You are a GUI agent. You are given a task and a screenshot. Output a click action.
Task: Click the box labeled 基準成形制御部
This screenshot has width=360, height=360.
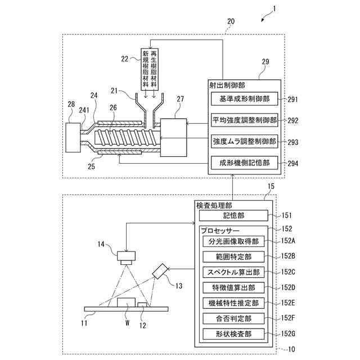coord(244,99)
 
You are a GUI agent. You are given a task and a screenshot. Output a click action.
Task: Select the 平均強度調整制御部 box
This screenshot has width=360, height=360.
coord(244,120)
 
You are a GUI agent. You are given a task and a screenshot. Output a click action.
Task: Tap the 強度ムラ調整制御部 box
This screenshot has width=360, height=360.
coord(244,141)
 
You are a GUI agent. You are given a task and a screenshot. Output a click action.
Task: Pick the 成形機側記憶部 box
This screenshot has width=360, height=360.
coord(244,163)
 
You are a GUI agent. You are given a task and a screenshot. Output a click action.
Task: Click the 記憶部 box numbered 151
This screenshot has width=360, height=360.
coord(233,215)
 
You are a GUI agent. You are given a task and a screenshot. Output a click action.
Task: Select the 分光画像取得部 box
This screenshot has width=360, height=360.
coord(233,241)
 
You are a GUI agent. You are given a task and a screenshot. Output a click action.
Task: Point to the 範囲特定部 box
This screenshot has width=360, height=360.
coord(233,257)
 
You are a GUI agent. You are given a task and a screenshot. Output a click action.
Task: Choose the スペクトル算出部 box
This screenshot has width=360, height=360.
coord(233,272)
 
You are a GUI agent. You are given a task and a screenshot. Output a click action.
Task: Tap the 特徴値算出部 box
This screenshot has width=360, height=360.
coord(233,287)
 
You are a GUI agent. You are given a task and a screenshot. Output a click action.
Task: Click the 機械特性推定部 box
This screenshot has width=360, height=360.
coord(233,303)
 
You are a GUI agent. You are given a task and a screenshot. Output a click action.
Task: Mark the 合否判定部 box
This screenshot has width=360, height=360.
coord(233,319)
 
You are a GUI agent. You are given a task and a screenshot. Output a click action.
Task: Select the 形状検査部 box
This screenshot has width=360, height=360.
coord(233,334)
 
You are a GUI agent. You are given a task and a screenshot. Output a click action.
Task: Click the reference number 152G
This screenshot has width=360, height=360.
coord(288,334)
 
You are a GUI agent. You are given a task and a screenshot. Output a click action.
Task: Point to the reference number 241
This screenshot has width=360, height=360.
coord(84,110)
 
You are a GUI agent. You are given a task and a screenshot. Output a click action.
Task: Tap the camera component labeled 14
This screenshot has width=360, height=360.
coord(126,258)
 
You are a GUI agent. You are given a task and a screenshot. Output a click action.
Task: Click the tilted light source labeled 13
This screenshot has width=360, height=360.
coord(160,271)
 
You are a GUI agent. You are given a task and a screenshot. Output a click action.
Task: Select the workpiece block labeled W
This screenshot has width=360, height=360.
coord(126,303)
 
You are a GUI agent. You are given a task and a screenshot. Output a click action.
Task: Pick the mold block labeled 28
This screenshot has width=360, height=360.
coord(73,137)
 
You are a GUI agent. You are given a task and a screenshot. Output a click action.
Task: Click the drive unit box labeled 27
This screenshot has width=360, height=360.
coord(173,137)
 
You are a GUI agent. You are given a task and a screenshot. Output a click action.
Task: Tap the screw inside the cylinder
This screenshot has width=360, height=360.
coord(127,138)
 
